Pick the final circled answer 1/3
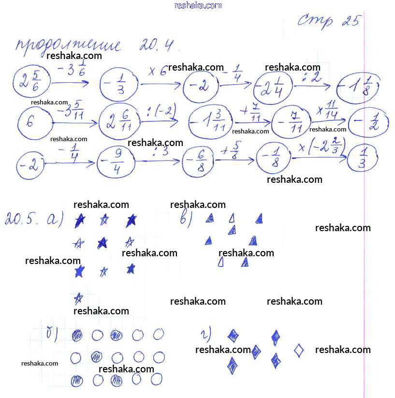pyautogui.click(x=362, y=157)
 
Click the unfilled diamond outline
pyautogui.click(x=299, y=350)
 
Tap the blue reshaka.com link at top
pyautogui.click(x=198, y=5)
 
